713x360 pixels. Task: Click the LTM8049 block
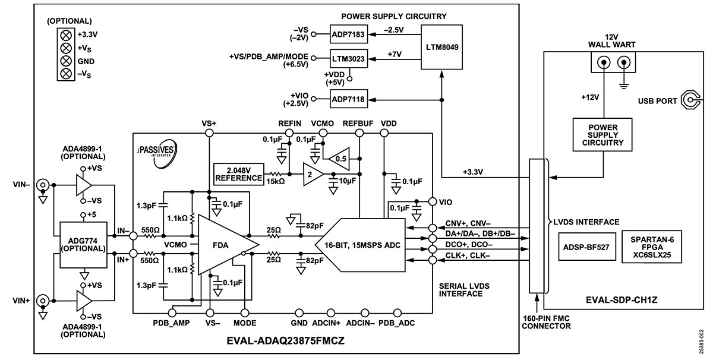tap(441, 47)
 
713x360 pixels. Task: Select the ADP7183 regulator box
tap(349, 34)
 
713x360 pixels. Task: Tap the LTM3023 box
tap(349, 59)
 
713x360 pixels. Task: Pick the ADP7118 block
tap(349, 99)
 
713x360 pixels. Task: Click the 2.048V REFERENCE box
tap(239, 174)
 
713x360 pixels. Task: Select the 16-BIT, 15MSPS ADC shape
tap(360, 245)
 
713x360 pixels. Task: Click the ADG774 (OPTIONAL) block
tap(83, 245)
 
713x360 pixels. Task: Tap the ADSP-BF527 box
tap(586, 247)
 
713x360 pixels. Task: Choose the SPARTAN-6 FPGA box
tap(652, 247)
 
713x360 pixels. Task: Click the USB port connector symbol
tap(690, 100)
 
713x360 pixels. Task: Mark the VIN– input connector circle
tap(43, 185)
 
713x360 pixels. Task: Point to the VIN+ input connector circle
tap(43, 301)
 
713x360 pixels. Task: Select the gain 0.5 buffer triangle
tap(339, 159)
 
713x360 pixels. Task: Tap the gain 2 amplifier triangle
tap(313, 174)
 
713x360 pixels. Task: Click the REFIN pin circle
tap(289, 133)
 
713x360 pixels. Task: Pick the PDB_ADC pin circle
tap(397, 313)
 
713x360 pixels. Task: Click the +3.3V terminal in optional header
tap(66, 35)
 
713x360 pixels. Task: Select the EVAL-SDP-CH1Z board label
tap(621, 300)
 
